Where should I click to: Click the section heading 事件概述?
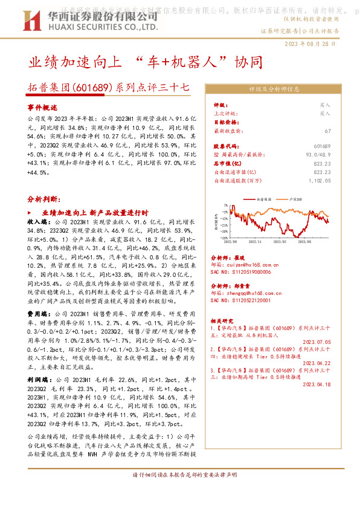42,106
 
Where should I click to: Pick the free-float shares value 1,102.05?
319,180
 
